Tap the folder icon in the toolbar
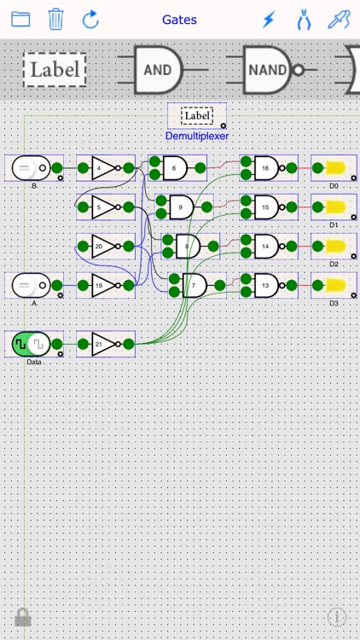(20, 19)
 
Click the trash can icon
(55, 19)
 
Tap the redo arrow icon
(90, 19)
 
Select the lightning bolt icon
(269, 19)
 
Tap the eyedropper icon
(339, 19)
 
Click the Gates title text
(179, 19)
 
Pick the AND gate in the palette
(159, 70)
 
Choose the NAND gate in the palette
(268, 70)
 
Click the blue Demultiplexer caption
(197, 136)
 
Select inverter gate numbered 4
(102, 168)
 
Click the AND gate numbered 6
(176, 168)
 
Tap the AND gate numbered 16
(266, 168)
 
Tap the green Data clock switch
(31, 344)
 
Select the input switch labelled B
(31, 168)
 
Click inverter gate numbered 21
(102, 344)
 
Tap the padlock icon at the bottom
(22, 617)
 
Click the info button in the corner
(337, 617)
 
